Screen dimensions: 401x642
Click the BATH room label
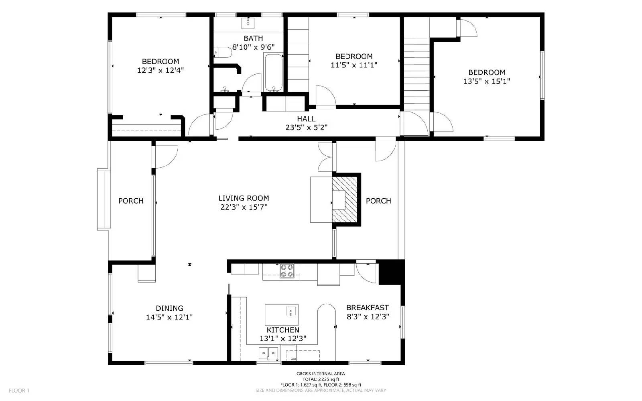[x=253, y=38]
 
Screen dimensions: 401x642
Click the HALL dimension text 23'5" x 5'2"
[x=306, y=128]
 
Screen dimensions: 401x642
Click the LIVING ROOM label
[x=244, y=198]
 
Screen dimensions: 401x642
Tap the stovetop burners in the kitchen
[x=286, y=271]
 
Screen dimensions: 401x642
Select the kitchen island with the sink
[x=281, y=314]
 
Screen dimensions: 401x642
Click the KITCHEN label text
[x=283, y=330]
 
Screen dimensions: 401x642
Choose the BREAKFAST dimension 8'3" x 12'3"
[x=368, y=316]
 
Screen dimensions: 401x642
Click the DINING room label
[x=169, y=308]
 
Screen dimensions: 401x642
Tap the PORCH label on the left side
[x=131, y=201]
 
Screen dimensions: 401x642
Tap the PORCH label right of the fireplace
[x=378, y=201]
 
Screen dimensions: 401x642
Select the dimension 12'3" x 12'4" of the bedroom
[x=160, y=70]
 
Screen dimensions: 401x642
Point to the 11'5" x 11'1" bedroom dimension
[x=354, y=65]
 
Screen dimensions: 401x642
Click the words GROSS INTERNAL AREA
[x=321, y=374]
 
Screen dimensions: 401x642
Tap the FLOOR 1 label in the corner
[x=19, y=391]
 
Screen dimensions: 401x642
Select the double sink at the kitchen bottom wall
[x=268, y=353]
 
